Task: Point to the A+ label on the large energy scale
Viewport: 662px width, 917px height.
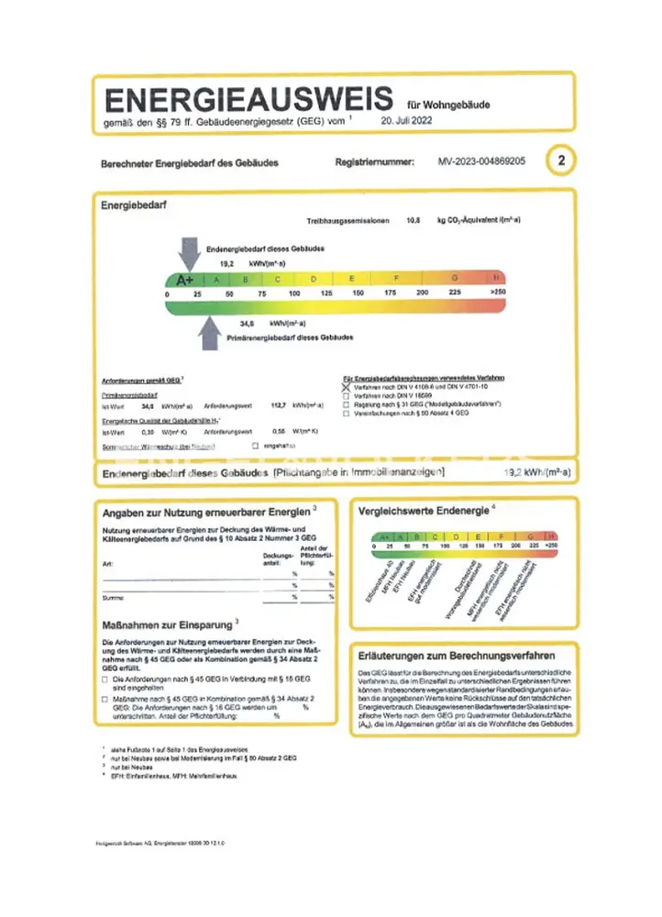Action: tap(184, 279)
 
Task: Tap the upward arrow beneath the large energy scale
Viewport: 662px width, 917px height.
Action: tap(209, 329)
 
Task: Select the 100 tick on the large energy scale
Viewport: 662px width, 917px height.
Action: tap(294, 293)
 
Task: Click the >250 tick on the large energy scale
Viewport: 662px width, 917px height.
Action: tap(498, 293)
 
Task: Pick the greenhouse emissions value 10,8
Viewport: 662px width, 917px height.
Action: tap(413, 221)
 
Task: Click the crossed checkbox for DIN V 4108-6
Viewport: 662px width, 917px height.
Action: tap(346, 387)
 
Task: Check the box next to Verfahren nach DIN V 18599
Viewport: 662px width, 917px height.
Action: tap(346, 396)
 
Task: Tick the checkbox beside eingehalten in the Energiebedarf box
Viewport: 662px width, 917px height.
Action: tap(244, 445)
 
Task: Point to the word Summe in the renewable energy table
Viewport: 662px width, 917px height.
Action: tap(112, 597)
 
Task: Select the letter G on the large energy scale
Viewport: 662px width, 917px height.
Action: tap(453, 278)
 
